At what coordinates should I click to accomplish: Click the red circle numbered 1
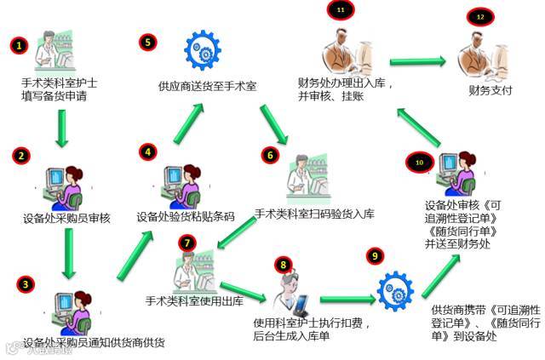pyautogui.click(x=17, y=44)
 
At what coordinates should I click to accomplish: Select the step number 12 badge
pyautogui.click(x=480, y=16)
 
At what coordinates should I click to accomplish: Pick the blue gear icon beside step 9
pyautogui.click(x=397, y=289)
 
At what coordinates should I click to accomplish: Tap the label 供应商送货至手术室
pyautogui.click(x=208, y=87)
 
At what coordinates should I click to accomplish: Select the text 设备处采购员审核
pyautogui.click(x=67, y=218)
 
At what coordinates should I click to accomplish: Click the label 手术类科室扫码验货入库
pyautogui.click(x=315, y=214)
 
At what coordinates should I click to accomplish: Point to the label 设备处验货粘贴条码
pyautogui.click(x=186, y=216)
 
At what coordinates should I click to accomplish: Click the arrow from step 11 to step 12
pyautogui.click(x=418, y=60)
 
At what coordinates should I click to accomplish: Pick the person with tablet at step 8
pyautogui.click(x=290, y=289)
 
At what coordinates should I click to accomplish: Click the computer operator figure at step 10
pyautogui.click(x=450, y=175)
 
